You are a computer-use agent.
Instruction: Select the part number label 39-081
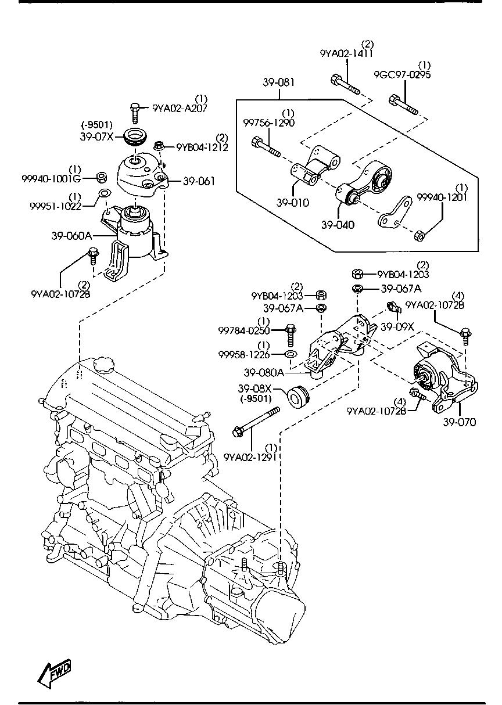278,82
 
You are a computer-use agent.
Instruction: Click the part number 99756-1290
268,123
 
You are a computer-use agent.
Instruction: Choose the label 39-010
292,203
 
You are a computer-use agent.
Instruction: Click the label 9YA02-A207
180,107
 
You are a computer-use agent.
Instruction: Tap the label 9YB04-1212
198,147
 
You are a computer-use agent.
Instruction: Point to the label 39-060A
73,236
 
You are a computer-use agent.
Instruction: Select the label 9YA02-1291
249,457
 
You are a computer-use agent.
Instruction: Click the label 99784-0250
244,330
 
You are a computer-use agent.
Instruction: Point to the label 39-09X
397,326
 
